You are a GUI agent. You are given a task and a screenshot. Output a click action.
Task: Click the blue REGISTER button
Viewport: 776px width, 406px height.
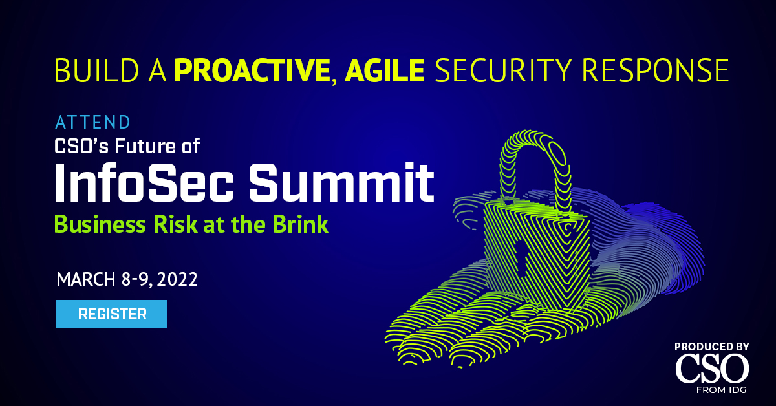(x=111, y=314)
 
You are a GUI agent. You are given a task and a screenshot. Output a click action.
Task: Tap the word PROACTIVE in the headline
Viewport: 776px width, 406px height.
(x=252, y=70)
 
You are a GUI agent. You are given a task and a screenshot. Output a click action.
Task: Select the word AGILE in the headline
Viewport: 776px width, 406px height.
(x=384, y=70)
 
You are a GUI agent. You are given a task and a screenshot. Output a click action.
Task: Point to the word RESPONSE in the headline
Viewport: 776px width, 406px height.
(x=656, y=70)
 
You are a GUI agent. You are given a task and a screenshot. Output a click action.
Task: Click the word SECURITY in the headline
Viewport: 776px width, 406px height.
(x=503, y=70)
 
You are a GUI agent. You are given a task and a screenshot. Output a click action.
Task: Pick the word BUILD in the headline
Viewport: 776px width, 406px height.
(x=96, y=70)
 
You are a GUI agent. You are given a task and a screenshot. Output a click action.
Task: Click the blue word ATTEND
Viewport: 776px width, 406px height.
(x=92, y=122)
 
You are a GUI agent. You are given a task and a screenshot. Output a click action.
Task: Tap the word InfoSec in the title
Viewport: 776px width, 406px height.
(x=144, y=183)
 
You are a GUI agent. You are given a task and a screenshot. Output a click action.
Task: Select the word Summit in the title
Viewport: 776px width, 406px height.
(x=341, y=183)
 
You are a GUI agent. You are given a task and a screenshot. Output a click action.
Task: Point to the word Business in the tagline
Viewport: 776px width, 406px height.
(x=100, y=224)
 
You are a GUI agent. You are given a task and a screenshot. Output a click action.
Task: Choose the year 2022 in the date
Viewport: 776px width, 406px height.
(x=177, y=279)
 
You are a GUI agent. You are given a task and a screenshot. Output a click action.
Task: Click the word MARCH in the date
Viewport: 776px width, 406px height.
(x=86, y=279)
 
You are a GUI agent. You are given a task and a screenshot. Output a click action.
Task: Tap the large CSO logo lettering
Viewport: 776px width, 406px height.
(x=712, y=369)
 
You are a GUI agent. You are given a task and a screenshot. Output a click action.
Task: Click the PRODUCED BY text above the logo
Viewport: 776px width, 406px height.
(x=712, y=347)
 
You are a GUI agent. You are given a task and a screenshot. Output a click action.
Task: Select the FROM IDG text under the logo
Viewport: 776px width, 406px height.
(x=721, y=390)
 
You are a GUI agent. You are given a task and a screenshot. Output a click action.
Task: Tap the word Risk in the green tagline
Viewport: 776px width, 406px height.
(x=175, y=224)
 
